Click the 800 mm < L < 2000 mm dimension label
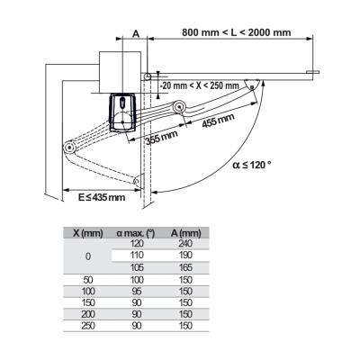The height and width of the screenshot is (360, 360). (237, 32)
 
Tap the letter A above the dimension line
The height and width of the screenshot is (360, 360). (136, 34)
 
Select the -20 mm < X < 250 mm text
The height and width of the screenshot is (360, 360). (200, 85)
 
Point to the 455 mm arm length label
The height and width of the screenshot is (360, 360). (218, 120)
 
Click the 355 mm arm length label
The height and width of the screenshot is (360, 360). (162, 138)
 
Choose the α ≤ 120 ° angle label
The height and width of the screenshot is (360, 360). (252, 165)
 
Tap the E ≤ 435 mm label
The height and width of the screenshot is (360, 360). (102, 197)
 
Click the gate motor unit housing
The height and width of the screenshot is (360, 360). (123, 112)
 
